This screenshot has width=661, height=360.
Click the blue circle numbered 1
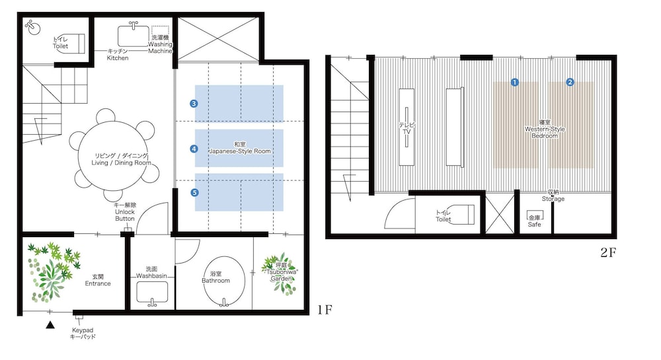click(514, 82)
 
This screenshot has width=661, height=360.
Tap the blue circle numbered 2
click(570, 82)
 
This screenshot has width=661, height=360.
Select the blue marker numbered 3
click(194, 104)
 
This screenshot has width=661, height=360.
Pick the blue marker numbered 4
click(194, 149)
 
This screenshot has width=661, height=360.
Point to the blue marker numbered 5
click(194, 192)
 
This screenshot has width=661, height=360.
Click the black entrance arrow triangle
click(50, 324)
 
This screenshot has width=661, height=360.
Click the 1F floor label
click(325, 310)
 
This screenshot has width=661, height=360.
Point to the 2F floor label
click(608, 252)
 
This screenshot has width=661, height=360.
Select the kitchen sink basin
click(134, 36)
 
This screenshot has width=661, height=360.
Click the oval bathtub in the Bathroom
click(223, 281)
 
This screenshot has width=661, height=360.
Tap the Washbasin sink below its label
click(152, 292)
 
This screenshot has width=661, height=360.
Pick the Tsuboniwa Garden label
click(281, 272)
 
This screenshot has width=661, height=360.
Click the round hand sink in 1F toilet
click(33, 28)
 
